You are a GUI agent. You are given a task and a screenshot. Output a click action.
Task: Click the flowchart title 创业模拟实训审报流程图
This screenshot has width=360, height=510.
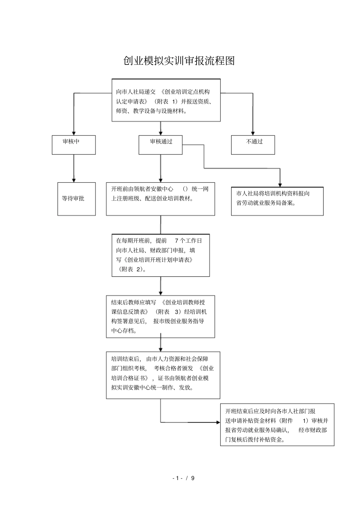(x=179, y=61)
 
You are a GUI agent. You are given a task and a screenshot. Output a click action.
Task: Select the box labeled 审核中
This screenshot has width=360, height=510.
(x=74, y=145)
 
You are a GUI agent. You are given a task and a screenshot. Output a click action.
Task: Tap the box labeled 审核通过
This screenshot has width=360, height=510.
(x=160, y=145)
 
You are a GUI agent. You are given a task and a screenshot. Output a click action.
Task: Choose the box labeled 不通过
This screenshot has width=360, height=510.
(x=253, y=145)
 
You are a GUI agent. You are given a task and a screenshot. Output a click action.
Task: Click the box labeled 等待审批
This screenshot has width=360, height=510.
(x=76, y=199)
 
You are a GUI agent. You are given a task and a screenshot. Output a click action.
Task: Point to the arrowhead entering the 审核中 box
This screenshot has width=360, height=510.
(x=74, y=133)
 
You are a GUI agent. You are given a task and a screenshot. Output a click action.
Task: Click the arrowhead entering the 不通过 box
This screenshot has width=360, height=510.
(x=253, y=133)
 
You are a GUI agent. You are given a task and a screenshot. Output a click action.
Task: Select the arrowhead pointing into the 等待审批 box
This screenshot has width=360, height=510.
(x=74, y=180)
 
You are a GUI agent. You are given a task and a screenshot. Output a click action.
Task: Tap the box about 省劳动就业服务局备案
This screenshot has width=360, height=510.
(x=277, y=201)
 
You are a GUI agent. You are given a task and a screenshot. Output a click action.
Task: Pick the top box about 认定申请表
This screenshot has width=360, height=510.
(x=166, y=100)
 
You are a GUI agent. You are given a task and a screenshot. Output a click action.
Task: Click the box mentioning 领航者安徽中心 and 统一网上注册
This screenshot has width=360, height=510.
(x=160, y=199)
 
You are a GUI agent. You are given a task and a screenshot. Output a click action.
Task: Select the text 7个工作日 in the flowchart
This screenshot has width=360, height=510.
(x=188, y=241)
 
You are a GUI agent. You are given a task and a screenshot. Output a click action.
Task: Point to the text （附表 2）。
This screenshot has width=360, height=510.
(x=131, y=269)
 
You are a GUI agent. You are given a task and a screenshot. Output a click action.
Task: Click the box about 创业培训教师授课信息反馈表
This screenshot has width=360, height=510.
(x=160, y=317)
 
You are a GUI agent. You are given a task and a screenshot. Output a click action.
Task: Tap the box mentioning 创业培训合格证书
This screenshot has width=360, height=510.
(x=163, y=375)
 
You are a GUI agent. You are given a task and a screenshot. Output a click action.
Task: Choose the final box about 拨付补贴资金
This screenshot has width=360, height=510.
(x=277, y=425)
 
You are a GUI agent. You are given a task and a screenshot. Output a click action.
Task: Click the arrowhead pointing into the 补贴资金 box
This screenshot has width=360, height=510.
(x=217, y=422)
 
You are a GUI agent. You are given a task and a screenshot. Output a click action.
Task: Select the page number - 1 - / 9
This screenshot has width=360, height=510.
(x=183, y=478)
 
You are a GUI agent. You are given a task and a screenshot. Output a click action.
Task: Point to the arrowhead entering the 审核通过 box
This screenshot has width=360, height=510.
(x=161, y=133)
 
